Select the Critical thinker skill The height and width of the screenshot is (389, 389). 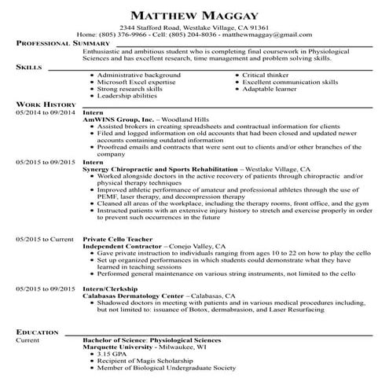[x=267, y=75]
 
